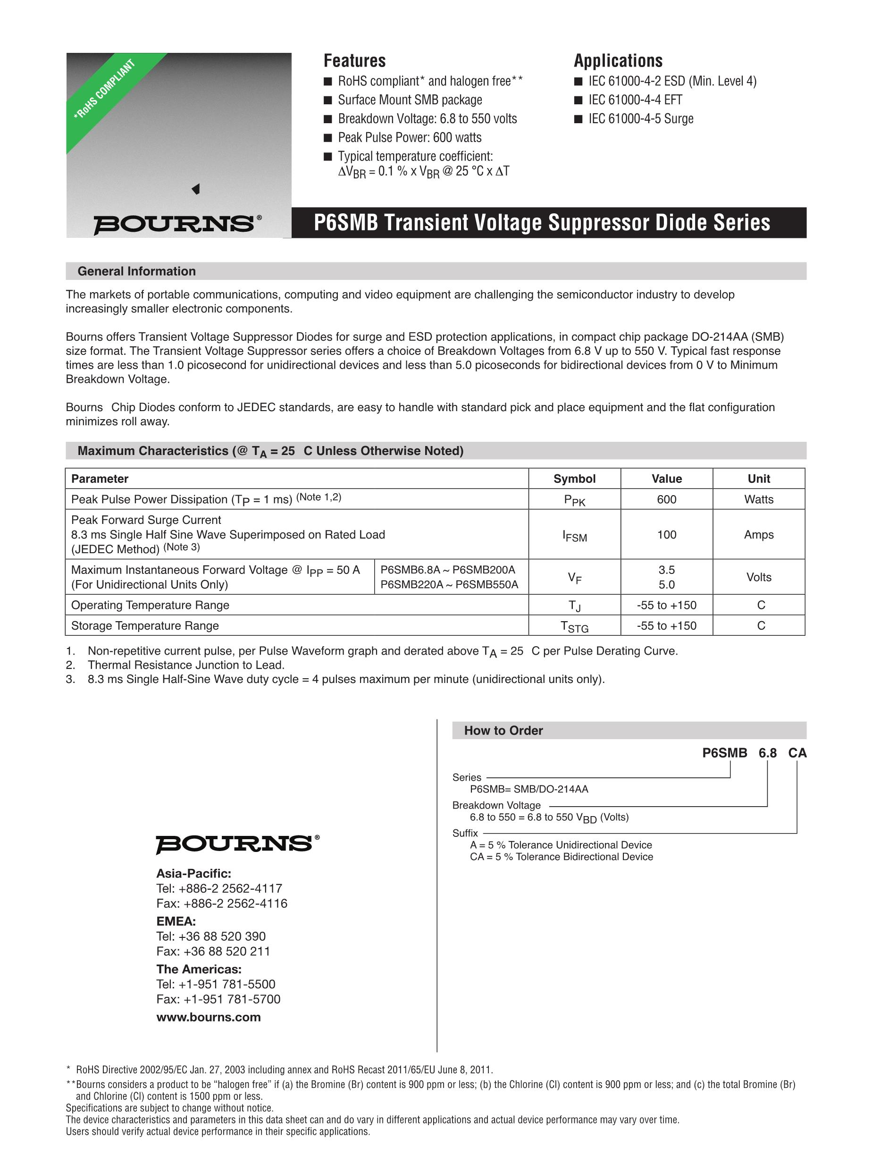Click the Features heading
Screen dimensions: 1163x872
click(354, 60)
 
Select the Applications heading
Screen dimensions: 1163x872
click(618, 60)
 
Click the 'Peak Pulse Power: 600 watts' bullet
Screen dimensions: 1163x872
click(410, 137)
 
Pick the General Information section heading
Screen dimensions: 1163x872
click(137, 271)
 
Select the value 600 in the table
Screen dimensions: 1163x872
click(666, 499)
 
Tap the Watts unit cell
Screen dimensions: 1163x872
click(758, 499)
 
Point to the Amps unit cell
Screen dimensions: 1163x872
click(758, 535)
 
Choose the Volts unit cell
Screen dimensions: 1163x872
click(758, 577)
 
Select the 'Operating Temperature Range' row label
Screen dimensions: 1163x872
click(151, 605)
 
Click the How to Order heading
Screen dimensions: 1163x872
click(503, 730)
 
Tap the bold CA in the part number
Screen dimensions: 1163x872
click(797, 753)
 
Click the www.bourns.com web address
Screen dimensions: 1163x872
click(209, 1017)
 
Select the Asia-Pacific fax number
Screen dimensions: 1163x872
click(222, 903)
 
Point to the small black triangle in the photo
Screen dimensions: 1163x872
click(195, 189)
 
